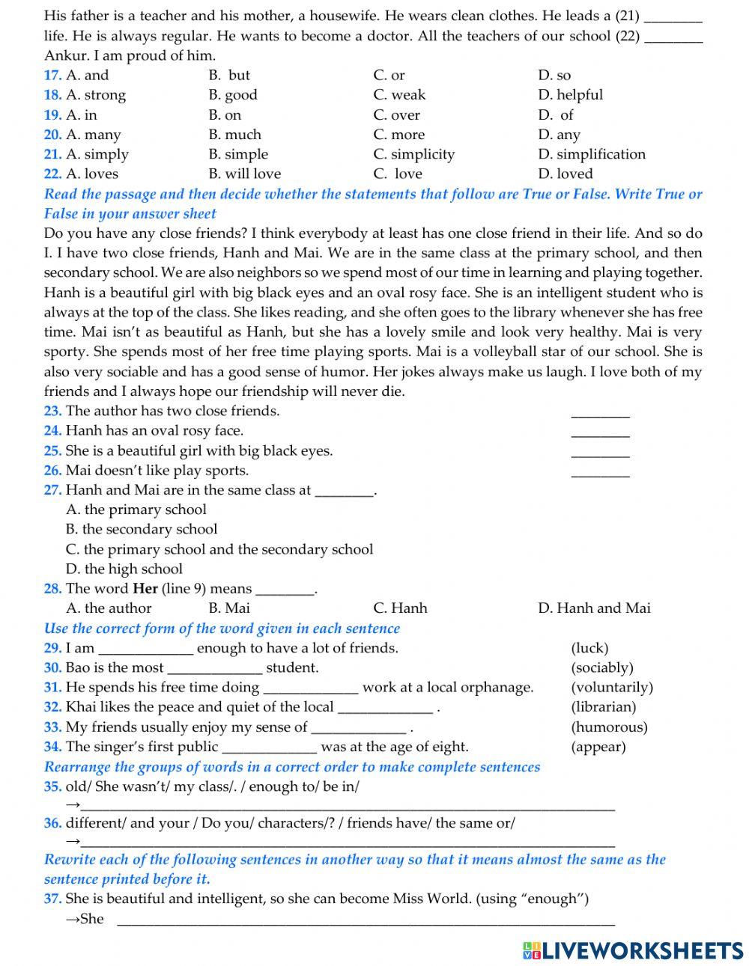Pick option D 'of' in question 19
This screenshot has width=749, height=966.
point(556,114)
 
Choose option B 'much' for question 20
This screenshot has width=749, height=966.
point(234,135)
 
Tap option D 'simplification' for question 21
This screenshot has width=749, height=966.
point(591,154)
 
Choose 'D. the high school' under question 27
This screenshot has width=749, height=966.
point(124,569)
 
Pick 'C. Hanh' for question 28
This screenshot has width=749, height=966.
point(400,608)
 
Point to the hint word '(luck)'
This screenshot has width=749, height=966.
point(589,648)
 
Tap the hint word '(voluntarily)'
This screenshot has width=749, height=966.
point(611,687)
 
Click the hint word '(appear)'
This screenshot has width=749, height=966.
point(598,746)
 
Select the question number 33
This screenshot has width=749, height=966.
point(52,727)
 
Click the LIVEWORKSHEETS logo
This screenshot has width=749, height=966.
point(633,950)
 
